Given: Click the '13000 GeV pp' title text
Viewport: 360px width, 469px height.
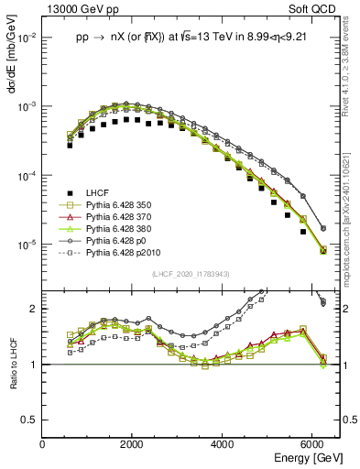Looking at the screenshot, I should [x=82, y=10].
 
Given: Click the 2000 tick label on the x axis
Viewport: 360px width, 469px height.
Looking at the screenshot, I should [x=132, y=444].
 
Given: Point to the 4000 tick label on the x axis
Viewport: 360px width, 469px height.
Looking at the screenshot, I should [x=223, y=444].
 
